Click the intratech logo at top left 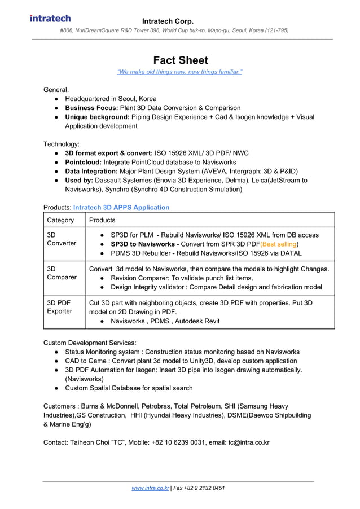pyautogui.click(x=50, y=18)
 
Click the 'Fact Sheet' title pyautogui.click(x=180, y=60)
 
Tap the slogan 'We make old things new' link pyautogui.click(x=179, y=72)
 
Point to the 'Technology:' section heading pyautogui.click(x=62, y=144)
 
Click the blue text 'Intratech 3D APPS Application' pyautogui.click(x=121, y=207)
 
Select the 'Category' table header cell pyautogui.click(x=60, y=220)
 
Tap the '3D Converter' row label pyautogui.click(x=61, y=239)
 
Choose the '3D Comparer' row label pyautogui.click(x=61, y=273)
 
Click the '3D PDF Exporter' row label pyautogui.click(x=59, y=307)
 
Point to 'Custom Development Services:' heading pyautogui.click(x=90, y=343)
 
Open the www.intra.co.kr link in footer pyautogui.click(x=150, y=488)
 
